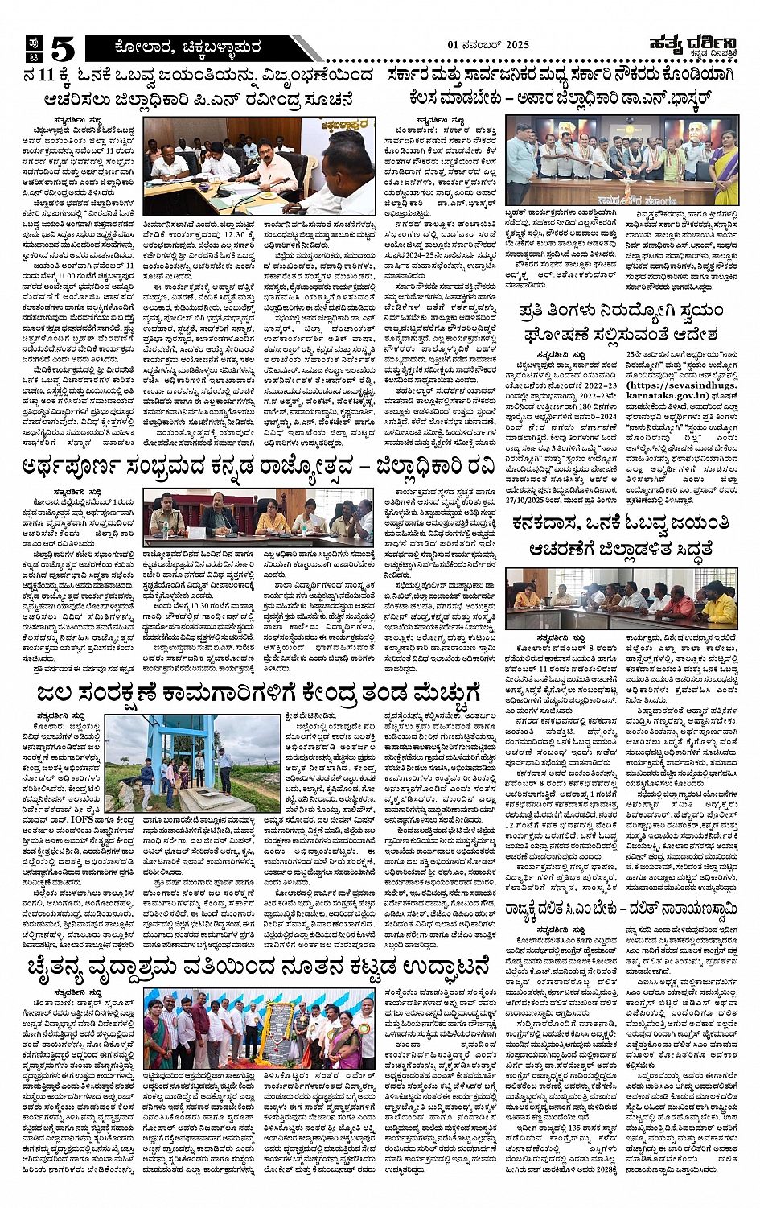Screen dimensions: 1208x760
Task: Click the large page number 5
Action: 62,50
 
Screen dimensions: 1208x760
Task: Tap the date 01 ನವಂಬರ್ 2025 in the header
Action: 488,45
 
